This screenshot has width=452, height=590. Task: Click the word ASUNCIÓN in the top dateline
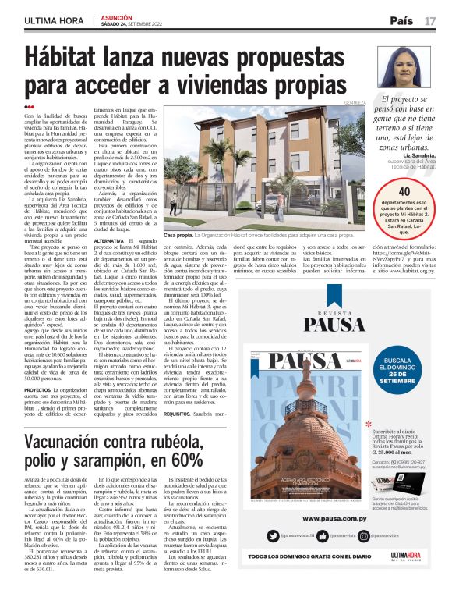pos(115,16)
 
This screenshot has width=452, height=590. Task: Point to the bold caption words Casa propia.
pos(178,233)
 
